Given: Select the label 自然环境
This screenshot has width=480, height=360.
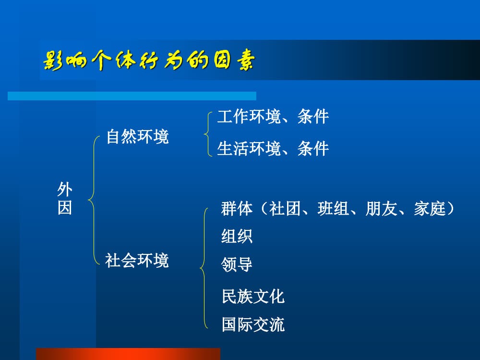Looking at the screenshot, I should click(x=137, y=137).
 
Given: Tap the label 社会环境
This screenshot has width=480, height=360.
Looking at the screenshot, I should click(x=137, y=261).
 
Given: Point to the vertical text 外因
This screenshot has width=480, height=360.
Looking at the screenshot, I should click(x=65, y=199).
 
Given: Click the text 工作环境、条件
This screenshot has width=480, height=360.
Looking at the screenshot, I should click(x=273, y=117).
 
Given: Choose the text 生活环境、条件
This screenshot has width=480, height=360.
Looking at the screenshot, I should click(x=273, y=148).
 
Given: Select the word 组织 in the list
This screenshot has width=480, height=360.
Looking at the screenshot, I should click(x=237, y=236).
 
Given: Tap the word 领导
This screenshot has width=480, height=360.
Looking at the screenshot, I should click(x=237, y=264).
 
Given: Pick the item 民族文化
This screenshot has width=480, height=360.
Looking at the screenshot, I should click(x=253, y=296).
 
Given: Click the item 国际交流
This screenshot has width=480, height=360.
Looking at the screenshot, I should click(x=253, y=324).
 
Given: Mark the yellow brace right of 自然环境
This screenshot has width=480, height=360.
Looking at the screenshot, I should click(x=208, y=133).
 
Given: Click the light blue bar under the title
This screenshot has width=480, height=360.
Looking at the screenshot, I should click(x=132, y=96).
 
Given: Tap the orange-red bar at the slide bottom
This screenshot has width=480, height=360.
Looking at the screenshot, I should click(x=128, y=354).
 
